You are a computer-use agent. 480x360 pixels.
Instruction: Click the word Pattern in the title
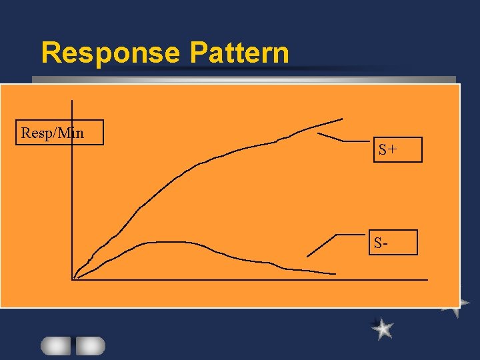click(x=239, y=53)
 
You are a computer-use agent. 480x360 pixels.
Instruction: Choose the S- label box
click(x=393, y=243)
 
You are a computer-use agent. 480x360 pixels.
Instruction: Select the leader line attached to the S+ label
click(x=340, y=139)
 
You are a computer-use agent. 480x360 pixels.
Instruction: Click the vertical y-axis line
click(x=71, y=200)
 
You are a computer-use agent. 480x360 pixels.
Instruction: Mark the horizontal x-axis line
click(x=267, y=279)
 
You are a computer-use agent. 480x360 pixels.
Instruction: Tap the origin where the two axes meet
click(x=72, y=279)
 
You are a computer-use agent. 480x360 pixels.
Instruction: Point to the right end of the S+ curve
click(x=341, y=119)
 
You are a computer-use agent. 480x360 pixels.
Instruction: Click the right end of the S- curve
click(x=335, y=273)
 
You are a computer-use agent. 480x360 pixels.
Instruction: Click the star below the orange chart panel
click(x=383, y=328)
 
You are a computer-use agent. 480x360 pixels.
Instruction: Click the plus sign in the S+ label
click(x=393, y=150)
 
